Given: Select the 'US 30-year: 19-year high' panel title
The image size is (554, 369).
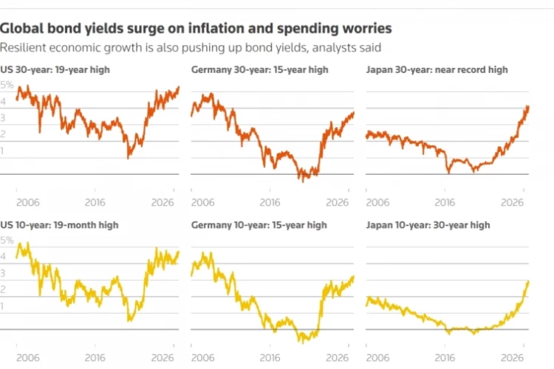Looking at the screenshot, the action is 55,69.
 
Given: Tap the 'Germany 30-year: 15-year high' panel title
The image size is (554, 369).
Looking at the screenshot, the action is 260,69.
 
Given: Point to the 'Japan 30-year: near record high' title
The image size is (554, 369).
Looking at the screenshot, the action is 437,69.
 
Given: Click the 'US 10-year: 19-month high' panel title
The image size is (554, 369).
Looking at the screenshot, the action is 59,225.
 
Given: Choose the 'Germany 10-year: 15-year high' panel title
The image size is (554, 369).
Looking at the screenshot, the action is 259,225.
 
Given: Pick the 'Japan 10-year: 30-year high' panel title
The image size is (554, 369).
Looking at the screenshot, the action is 428,225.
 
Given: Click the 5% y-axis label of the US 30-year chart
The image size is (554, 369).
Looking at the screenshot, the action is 7,85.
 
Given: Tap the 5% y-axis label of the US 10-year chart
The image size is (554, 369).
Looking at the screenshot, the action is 7,241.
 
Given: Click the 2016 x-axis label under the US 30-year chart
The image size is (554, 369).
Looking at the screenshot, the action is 95,202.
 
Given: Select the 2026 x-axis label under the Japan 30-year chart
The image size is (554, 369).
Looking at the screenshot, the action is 513,202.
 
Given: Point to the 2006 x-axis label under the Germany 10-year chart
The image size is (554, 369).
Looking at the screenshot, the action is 203,358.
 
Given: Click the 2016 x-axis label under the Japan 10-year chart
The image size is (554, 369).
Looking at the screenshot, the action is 445,358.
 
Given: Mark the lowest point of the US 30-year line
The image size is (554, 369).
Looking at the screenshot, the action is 128,158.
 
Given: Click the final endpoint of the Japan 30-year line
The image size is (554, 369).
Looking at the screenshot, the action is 528,106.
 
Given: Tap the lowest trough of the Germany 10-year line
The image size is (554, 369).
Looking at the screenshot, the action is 302,342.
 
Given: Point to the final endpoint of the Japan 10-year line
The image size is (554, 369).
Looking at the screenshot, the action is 528,281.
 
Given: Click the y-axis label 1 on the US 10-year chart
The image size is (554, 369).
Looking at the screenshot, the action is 2,306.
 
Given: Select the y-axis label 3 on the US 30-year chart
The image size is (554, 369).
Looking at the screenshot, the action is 2,117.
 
